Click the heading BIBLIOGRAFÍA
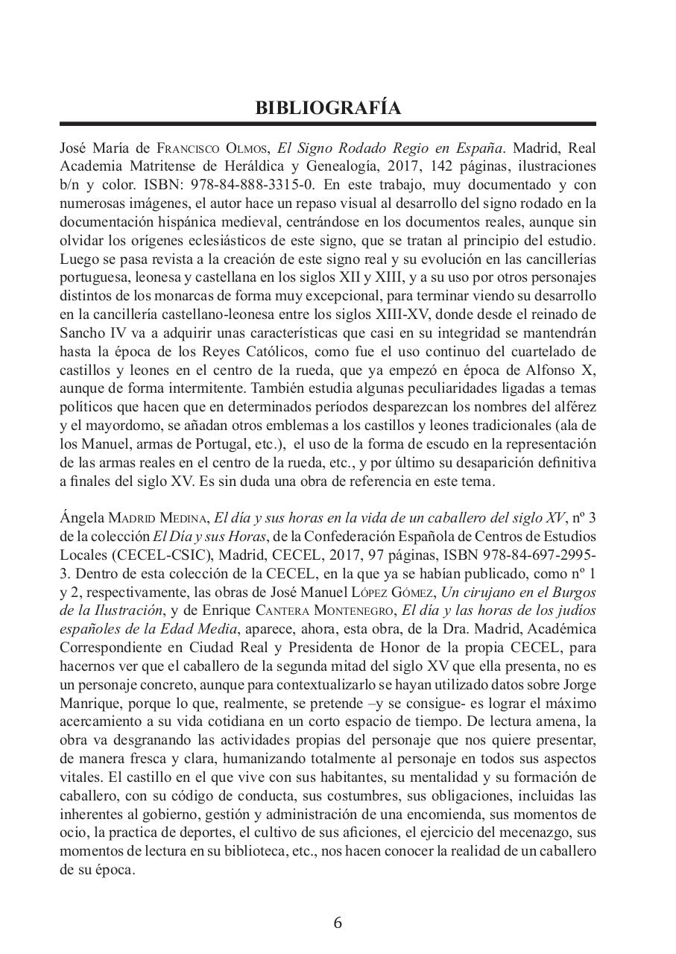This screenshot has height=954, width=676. click(x=328, y=108)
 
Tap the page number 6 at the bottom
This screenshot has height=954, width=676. click(x=338, y=922)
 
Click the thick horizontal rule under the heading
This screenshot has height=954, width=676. click(x=328, y=124)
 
